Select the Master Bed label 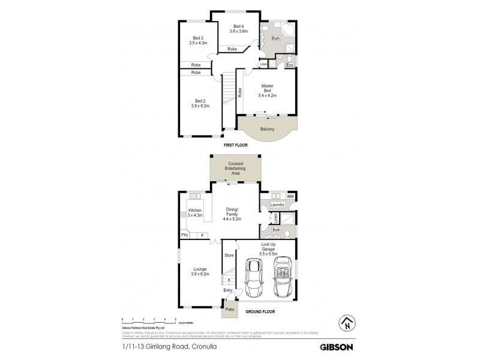[x=268, y=89]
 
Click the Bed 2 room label [x=200, y=103]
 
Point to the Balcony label [x=268, y=129]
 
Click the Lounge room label [x=200, y=271]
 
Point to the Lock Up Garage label [x=268, y=249]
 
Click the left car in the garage [x=253, y=278]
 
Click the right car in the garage [x=282, y=278]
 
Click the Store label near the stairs [x=228, y=256]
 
